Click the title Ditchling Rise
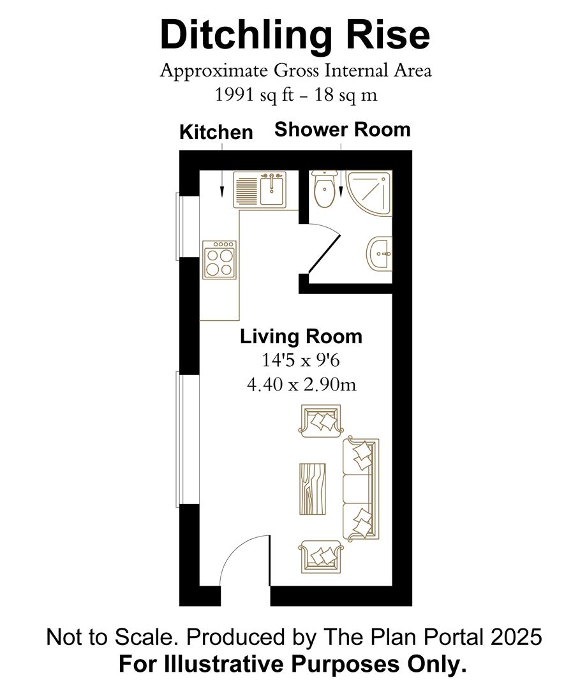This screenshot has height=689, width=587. (295, 36)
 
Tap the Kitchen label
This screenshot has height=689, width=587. (216, 133)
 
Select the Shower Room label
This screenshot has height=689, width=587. (342, 130)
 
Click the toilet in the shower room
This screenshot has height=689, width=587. (324, 189)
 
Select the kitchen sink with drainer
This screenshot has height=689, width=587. (262, 189)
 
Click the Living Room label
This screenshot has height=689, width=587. (301, 336)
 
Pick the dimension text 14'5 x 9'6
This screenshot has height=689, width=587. (301, 360)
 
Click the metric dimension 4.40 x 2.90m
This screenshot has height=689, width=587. (301, 384)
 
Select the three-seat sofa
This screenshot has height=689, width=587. (361, 488)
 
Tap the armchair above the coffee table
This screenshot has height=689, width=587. (321, 420)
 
